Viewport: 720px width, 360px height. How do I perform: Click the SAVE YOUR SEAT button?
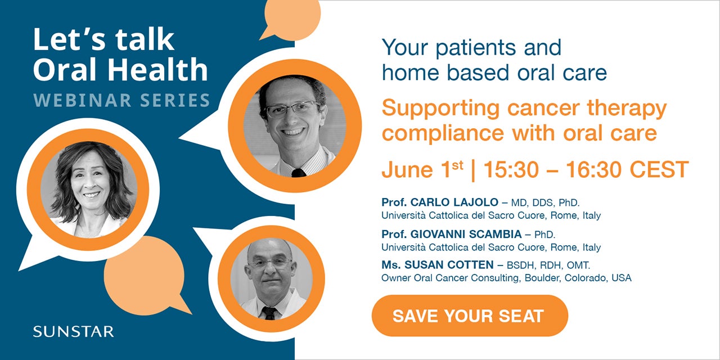[470, 316]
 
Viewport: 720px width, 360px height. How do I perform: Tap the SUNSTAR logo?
[73, 331]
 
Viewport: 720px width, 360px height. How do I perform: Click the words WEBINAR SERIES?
[121, 100]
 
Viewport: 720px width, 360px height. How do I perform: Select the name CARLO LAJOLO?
[454, 202]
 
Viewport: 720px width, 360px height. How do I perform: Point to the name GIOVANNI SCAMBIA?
[466, 234]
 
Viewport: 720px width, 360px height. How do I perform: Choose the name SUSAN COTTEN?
[449, 265]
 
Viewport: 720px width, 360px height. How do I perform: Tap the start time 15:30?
[511, 169]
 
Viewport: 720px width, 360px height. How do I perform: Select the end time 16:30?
[593, 169]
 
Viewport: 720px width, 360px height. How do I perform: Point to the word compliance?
[443, 133]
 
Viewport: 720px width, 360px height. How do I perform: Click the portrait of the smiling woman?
[89, 190]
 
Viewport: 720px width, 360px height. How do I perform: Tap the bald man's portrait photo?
[271, 278]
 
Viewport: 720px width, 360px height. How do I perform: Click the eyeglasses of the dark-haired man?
[292, 109]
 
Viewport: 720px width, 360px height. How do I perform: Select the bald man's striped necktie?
[269, 313]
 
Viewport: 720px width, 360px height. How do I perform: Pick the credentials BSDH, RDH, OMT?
[548, 265]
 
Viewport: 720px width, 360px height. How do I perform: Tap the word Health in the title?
[157, 69]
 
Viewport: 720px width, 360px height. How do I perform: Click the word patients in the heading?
[476, 48]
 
